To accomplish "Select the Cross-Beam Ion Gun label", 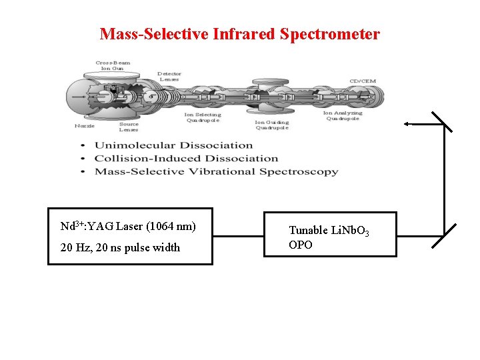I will click(x=113, y=66).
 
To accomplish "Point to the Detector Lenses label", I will click(x=169, y=77).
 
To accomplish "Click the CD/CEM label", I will click(x=363, y=81).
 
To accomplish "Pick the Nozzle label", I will click(x=85, y=125).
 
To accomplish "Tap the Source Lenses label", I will click(x=129, y=127).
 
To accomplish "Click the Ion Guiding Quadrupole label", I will click(x=272, y=125).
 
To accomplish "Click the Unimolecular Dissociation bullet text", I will click(x=173, y=145).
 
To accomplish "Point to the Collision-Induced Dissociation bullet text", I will click(x=186, y=159).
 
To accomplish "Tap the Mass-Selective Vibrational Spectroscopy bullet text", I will click(x=216, y=172).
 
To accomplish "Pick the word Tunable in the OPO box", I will click(x=308, y=230).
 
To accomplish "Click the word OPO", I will click(x=300, y=245).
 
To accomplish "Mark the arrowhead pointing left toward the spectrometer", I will click(x=407, y=124).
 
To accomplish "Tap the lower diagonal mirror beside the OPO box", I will click(x=444, y=236).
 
